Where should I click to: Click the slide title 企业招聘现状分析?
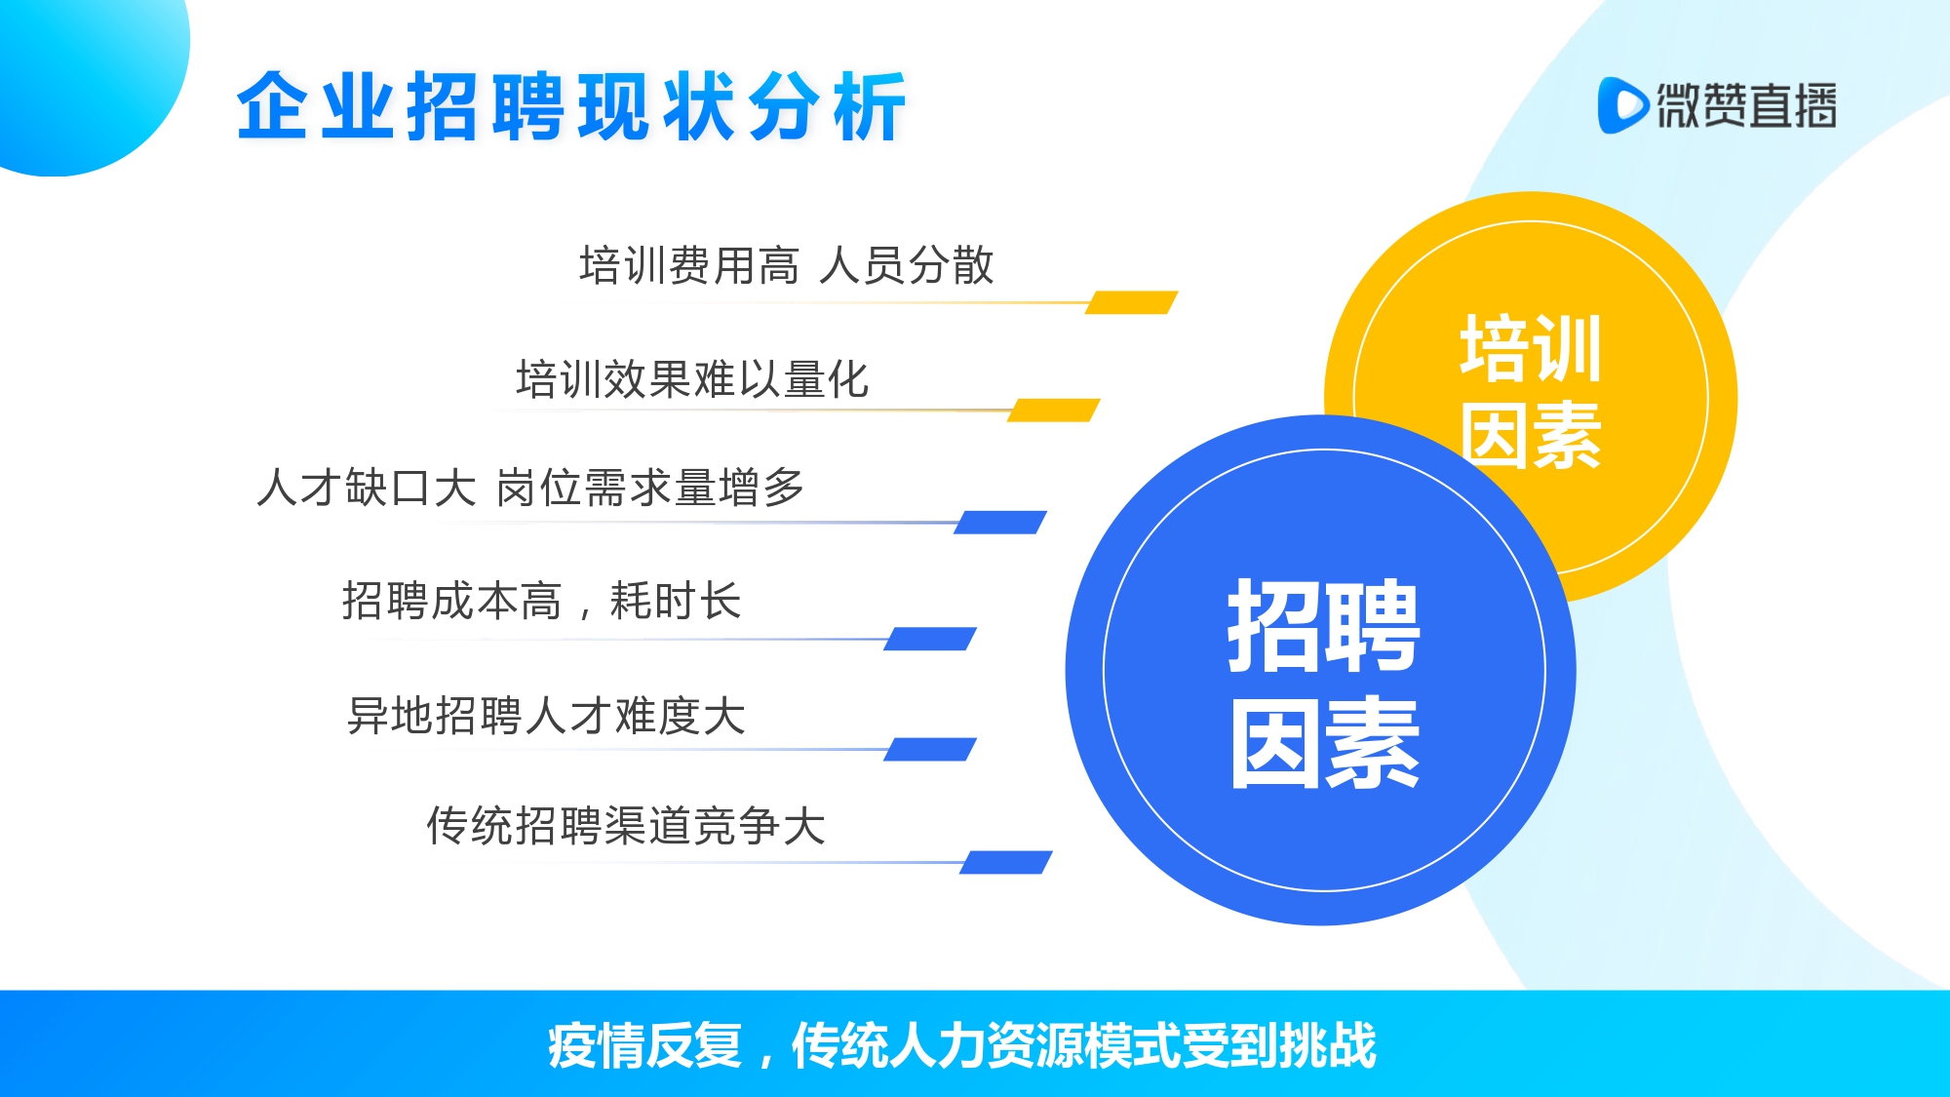pyautogui.click(x=571, y=106)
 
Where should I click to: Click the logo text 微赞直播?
pyautogui.click(x=1746, y=105)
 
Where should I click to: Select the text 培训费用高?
pyautogui.click(x=688, y=265)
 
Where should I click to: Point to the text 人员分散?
pyautogui.click(x=907, y=265)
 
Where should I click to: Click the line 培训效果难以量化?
pyautogui.click(x=692, y=378)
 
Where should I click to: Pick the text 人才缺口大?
pyautogui.click(x=367, y=487)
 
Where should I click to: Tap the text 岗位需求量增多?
pyautogui.click(x=650, y=487)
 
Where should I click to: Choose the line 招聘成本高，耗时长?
pyautogui.click(x=541, y=600)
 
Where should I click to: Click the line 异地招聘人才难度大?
pyautogui.click(x=547, y=715)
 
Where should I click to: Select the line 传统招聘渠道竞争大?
pyautogui.click(x=626, y=825)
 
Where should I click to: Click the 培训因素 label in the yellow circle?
pyautogui.click(x=1531, y=391)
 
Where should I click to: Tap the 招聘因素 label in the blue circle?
pyautogui.click(x=1323, y=683)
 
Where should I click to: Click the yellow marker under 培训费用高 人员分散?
pyautogui.click(x=1131, y=302)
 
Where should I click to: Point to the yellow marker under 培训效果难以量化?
pyautogui.click(x=1053, y=410)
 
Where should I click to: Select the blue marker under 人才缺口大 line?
pyautogui.click(x=1000, y=522)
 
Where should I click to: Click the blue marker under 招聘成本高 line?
pyautogui.click(x=930, y=639)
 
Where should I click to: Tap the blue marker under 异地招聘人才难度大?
pyautogui.click(x=930, y=749)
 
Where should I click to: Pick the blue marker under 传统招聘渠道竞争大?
pyautogui.click(x=1006, y=862)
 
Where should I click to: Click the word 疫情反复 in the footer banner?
pyautogui.click(x=644, y=1045)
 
